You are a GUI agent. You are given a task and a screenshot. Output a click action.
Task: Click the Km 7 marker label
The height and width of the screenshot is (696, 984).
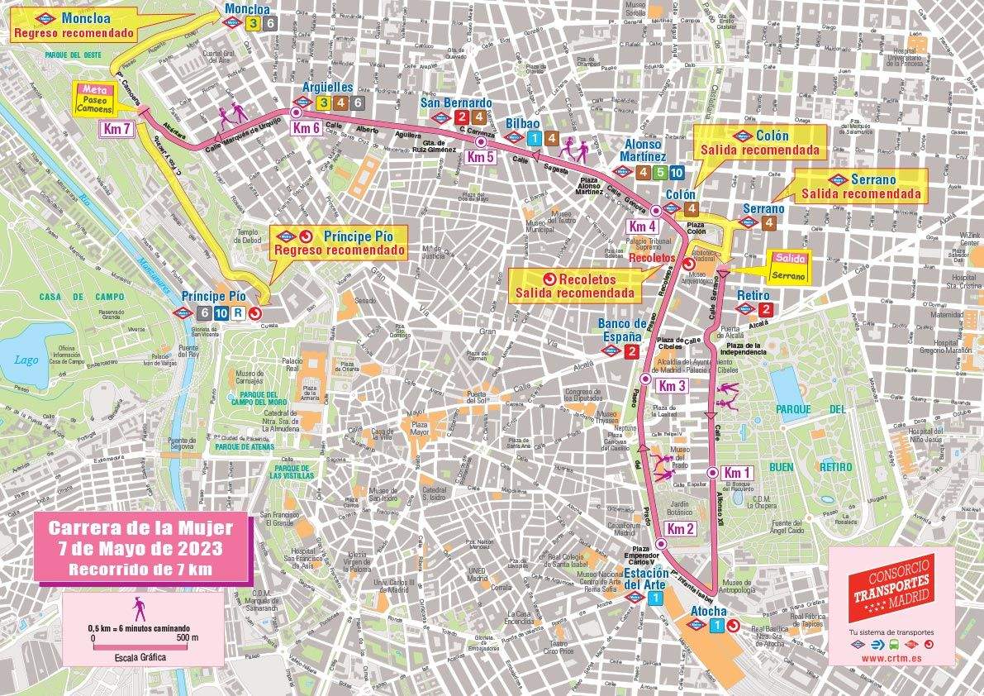pyautogui.click(x=116, y=128)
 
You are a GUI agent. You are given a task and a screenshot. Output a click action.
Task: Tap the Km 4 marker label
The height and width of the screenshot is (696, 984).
pyautogui.click(x=642, y=226)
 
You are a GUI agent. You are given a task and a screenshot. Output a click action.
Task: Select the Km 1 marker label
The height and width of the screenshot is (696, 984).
pyautogui.click(x=735, y=472)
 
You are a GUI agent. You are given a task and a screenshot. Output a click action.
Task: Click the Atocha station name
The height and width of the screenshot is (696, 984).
pyautogui.click(x=708, y=611)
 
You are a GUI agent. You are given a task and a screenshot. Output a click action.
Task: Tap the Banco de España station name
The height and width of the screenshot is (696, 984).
pyautogui.click(x=623, y=330)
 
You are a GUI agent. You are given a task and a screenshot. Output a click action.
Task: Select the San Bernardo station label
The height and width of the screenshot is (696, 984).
pyautogui.click(x=456, y=103)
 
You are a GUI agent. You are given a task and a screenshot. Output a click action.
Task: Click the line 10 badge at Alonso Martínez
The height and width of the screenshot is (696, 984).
pyautogui.click(x=677, y=173)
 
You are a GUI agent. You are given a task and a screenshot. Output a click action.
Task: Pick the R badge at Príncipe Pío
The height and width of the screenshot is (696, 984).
pyautogui.click(x=238, y=313)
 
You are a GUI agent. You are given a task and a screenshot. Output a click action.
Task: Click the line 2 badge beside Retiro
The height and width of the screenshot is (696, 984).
pyautogui.click(x=766, y=310)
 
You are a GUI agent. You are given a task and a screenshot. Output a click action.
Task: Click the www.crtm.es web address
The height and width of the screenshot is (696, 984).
pyautogui.click(x=891, y=659)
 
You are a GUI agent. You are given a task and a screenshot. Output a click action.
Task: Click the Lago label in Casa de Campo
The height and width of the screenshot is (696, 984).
pyautogui.click(x=26, y=360)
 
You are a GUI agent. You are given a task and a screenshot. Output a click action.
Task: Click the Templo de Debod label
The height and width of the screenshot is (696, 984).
pyautogui.click(x=249, y=236)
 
